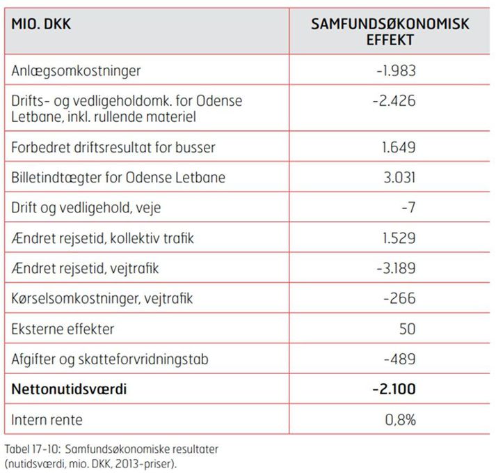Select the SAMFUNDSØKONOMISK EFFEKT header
(390, 32)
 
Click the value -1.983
(394, 71)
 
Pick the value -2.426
(393, 101)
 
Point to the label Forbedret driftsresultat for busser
(113, 148)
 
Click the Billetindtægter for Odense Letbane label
(118, 178)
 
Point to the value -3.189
(394, 268)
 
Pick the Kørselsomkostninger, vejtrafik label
(102, 299)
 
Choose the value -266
(399, 299)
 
